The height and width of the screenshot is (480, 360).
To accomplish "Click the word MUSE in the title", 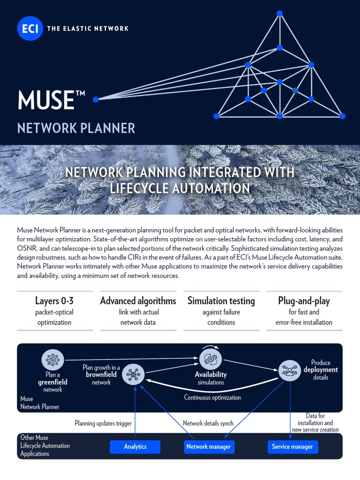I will point(45,100).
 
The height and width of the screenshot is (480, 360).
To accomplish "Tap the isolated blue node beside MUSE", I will point(96,99).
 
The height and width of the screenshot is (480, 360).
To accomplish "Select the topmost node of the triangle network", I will point(279,13).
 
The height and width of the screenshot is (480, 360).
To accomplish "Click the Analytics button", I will point(135,447).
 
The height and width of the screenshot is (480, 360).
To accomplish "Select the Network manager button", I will point(209,447).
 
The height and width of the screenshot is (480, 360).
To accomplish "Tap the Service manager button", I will point(292,447).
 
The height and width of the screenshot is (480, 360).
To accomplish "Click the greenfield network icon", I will point(53,360).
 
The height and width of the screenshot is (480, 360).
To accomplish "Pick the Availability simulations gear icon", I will point(210,360).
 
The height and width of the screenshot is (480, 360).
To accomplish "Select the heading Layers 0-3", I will point(54,301).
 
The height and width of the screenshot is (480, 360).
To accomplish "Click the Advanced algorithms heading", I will point(138,301).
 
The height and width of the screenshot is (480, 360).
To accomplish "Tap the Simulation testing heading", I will point(221,301).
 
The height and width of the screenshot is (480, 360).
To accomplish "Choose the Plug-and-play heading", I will point(304,301).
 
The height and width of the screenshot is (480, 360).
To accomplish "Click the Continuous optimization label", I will point(212,397).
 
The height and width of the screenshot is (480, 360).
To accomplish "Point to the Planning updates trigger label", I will point(103,423).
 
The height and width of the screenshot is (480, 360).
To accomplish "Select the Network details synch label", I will point(208,423).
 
